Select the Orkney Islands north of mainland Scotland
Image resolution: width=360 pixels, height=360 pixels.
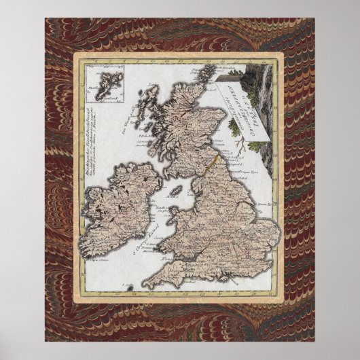point(193,77)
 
